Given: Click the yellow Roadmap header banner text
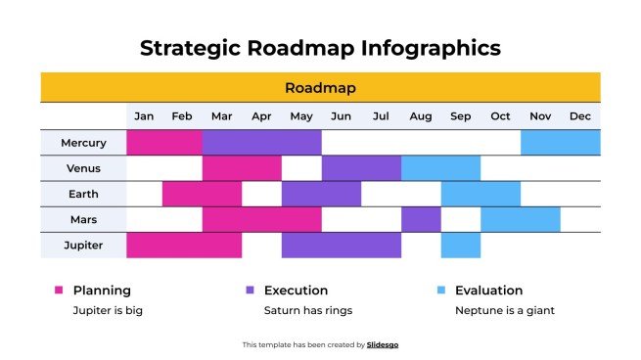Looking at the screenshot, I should [x=320, y=88].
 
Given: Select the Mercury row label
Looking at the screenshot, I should [x=83, y=143].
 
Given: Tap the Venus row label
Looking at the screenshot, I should [x=83, y=168].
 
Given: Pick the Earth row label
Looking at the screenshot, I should [x=83, y=194].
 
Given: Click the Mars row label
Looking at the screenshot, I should [x=83, y=219].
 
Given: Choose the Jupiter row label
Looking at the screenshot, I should [x=83, y=245].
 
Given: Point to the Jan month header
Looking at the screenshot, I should [x=144, y=116].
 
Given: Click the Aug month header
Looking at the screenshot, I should [x=421, y=116].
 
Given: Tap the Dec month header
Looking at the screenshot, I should [x=580, y=116].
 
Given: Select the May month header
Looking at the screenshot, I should [x=301, y=116].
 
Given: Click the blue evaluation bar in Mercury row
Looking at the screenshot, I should [x=560, y=143].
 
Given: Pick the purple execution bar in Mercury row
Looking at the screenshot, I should [x=262, y=143].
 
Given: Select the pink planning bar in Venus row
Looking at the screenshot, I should [x=242, y=168].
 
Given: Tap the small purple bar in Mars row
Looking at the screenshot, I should [x=421, y=219].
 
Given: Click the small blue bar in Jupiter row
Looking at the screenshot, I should [x=461, y=245].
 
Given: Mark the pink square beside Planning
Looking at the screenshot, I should [x=59, y=291].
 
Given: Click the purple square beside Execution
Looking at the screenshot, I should [x=250, y=291].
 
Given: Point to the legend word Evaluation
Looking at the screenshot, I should [x=489, y=291].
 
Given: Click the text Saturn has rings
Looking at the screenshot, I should [x=307, y=310].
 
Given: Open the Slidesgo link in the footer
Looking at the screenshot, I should [x=383, y=344].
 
